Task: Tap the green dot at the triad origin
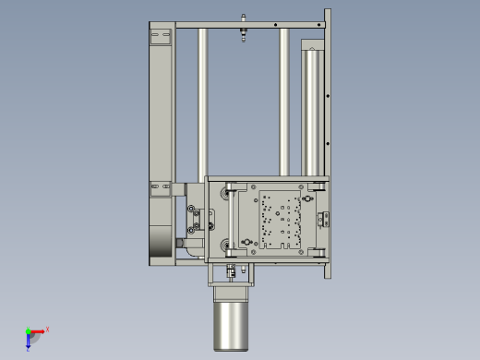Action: click(28, 331)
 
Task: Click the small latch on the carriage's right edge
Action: click(322, 219)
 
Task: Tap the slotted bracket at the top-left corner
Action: click(161, 38)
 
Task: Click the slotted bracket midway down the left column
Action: click(161, 189)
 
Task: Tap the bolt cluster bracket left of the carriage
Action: click(195, 220)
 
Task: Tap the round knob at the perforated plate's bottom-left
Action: click(246, 242)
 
